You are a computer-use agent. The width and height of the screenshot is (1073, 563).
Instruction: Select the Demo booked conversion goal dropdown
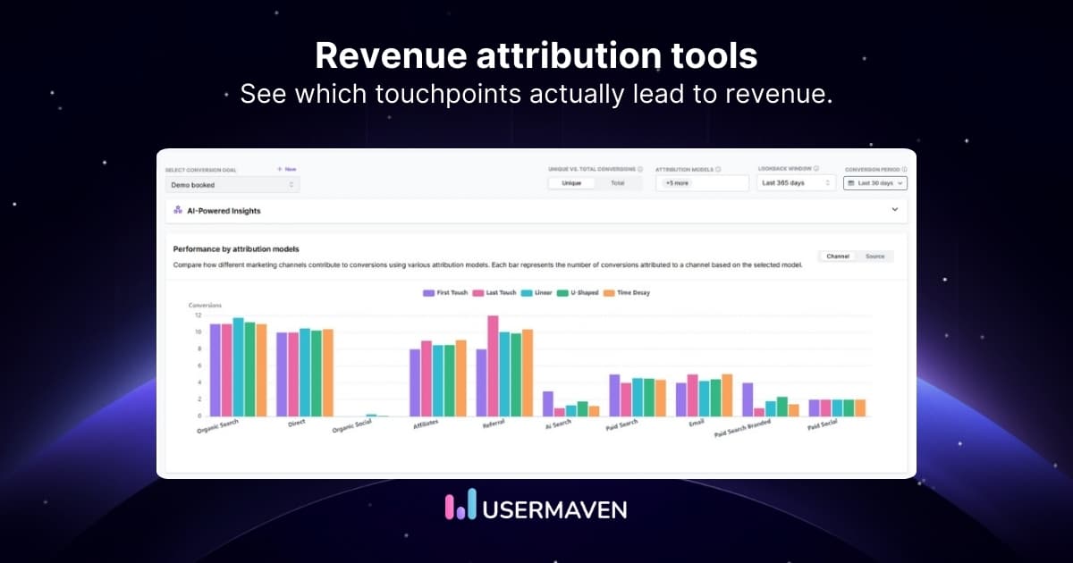232,185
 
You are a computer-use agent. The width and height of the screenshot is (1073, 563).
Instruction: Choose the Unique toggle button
571,183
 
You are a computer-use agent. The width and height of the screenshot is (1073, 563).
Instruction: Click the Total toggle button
618,183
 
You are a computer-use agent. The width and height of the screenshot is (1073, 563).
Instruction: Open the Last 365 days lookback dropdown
796,183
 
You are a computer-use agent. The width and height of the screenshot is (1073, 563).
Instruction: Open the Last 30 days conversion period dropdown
875,183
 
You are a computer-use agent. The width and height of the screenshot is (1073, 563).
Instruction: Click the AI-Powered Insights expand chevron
895,210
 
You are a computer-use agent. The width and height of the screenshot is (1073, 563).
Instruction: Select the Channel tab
838,256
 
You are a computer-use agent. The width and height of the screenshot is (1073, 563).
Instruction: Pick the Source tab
874,256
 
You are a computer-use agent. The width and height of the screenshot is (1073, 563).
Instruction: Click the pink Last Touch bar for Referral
493,366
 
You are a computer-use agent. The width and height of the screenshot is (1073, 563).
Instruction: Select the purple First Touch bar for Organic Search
215,370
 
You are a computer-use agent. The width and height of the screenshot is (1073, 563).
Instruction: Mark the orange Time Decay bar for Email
727,395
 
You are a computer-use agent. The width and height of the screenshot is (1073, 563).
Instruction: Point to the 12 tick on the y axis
198,315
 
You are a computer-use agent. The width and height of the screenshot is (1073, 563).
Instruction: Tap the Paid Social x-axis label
823,426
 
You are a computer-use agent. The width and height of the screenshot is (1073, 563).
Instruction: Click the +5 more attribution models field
701,183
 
